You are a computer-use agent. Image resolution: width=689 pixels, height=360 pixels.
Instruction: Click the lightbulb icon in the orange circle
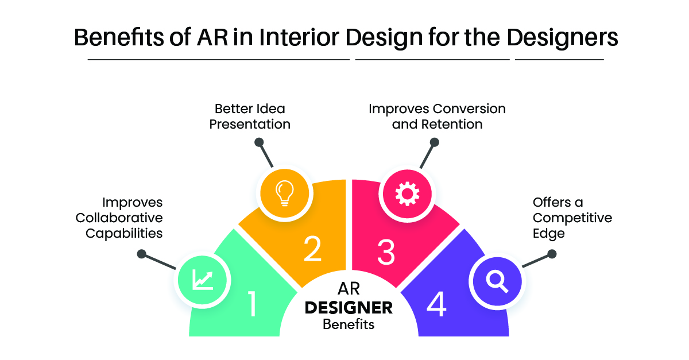[285, 193]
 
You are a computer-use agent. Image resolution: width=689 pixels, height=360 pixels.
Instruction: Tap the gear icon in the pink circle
[407, 194]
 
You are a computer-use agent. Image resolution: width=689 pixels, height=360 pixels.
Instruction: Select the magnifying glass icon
[497, 281]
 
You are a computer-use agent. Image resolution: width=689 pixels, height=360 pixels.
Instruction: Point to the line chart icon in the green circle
[202, 280]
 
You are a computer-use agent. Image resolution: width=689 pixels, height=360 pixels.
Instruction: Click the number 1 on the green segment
[252, 304]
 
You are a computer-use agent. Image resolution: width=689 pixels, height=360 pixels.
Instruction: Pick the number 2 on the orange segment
[312, 249]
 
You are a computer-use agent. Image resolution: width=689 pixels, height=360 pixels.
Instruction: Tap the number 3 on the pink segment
[386, 252]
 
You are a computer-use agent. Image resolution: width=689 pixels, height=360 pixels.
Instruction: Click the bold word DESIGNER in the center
[349, 308]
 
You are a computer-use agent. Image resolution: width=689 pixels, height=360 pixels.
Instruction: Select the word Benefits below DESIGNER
[349, 324]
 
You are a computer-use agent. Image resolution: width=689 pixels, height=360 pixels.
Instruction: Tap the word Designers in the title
[562, 38]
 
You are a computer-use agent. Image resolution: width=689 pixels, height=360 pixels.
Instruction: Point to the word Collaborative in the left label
[119, 218]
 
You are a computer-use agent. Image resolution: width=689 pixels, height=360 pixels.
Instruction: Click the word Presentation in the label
[250, 125]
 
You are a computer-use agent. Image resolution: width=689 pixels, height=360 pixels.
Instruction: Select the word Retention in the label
[452, 125]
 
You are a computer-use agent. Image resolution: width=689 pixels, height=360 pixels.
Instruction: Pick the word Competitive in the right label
[572, 218]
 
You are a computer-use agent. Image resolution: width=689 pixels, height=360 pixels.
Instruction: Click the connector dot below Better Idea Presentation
[259, 142]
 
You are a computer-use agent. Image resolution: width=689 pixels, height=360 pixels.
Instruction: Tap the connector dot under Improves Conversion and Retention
[434, 142]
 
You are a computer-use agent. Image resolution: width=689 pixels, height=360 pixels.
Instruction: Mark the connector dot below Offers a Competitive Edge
[552, 254]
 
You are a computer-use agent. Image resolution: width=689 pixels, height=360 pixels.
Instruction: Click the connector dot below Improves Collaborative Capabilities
[141, 254]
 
